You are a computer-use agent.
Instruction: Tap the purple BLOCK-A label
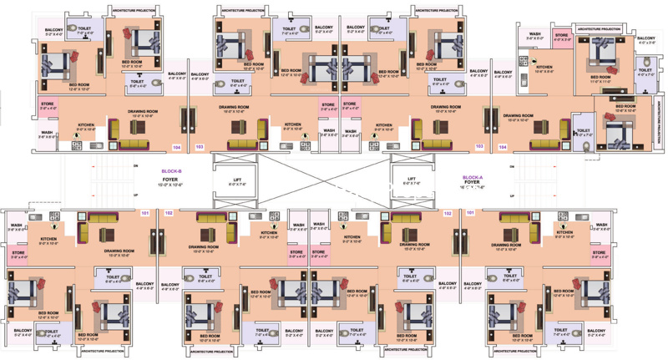coord(473,177)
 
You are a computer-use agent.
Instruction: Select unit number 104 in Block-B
coord(176,146)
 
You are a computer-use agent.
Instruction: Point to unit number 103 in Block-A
coord(478,146)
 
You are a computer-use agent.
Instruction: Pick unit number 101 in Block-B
coord(144,213)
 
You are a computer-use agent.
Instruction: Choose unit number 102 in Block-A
coord(448,213)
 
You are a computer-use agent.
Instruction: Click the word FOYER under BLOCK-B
coord(171,177)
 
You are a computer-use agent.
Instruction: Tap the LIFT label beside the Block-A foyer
coord(411,179)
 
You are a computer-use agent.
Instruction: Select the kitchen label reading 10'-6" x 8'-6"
coord(544,68)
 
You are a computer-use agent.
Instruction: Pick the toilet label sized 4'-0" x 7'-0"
coord(645,72)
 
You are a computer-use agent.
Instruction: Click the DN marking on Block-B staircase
coord(135,168)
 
